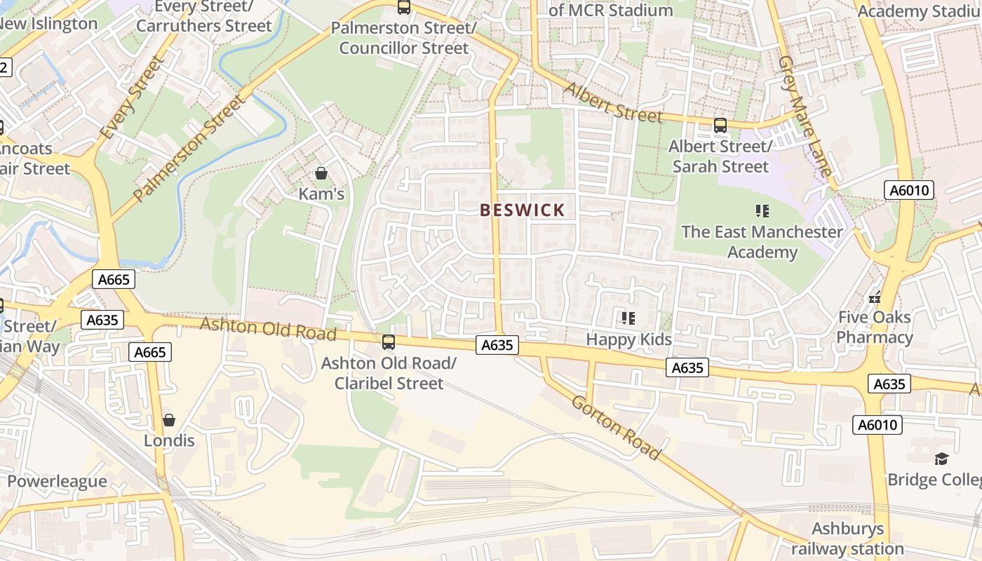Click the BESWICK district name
tap(522, 210)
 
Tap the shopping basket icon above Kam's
tap(321, 173)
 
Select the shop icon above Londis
tap(169, 420)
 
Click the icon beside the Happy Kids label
tap(628, 319)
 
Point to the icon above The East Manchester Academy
tap(762, 211)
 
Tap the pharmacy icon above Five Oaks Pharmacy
tap(874, 297)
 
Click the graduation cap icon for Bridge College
tap(941, 459)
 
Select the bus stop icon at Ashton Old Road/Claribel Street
tap(388, 342)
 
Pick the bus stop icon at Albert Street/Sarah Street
tap(720, 126)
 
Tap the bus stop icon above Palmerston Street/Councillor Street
tap(403, 8)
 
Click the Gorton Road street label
tap(616, 428)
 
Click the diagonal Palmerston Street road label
tap(190, 148)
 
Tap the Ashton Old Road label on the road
tap(268, 328)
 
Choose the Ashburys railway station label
tap(848, 538)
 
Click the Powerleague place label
tap(57, 481)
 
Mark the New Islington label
tap(48, 23)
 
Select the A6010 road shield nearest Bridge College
tap(877, 425)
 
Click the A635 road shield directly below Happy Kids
tap(687, 367)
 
